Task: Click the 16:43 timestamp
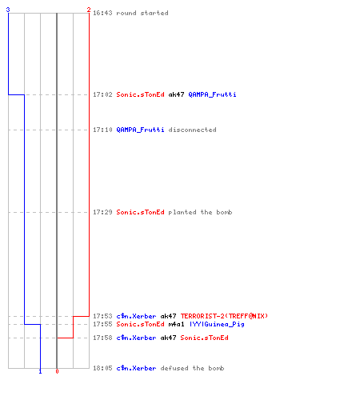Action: [x=102, y=13]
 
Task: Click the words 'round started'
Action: [x=142, y=13]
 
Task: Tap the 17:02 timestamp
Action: [x=102, y=94]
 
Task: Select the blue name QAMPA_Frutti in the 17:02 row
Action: [x=212, y=94]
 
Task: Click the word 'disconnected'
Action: [x=192, y=130]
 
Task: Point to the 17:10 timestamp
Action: [x=102, y=130]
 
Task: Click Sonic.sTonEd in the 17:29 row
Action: [x=140, y=212]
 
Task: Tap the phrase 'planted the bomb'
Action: [x=200, y=212]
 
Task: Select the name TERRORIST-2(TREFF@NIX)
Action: [x=224, y=316]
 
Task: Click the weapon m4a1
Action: [x=176, y=324]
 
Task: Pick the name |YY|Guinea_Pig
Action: [x=217, y=324]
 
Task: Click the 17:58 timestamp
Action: [x=102, y=338]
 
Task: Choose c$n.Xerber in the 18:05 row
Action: [x=136, y=368]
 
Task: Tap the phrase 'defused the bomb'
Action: [x=192, y=368]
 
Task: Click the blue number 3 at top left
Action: [x=8, y=10]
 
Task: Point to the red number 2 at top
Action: [x=89, y=10]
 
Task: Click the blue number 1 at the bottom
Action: [x=40, y=371]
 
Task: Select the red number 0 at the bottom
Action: [x=57, y=371]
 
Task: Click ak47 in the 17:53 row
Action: [x=168, y=316]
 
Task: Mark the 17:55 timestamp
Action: [x=102, y=324]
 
